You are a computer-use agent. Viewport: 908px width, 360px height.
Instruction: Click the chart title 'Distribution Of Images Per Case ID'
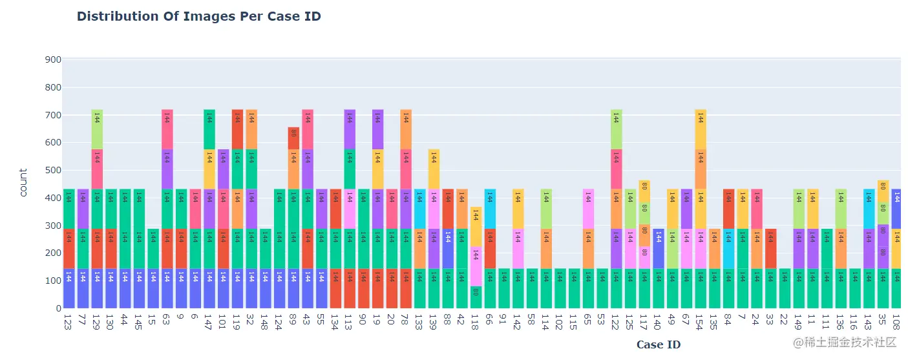tap(199, 17)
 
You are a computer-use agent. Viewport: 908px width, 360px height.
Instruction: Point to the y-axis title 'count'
tap(23, 183)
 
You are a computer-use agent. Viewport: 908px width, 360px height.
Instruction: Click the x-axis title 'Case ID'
tap(658, 344)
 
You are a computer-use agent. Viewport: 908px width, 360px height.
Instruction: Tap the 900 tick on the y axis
tap(52, 60)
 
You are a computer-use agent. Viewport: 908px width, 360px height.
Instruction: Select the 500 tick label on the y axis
tap(52, 171)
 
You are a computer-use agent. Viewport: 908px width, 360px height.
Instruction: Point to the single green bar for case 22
tap(784, 288)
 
